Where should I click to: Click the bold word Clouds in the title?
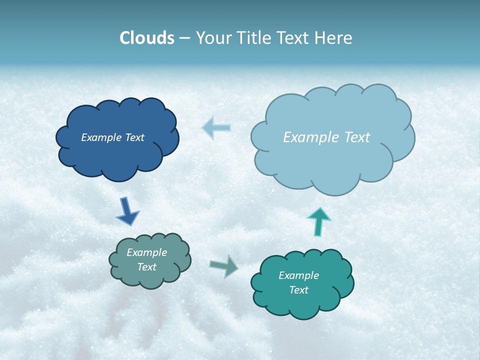click(x=147, y=38)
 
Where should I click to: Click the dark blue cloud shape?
click(x=117, y=155)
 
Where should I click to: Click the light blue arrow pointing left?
click(x=216, y=127)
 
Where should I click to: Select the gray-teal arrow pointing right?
click(x=224, y=265)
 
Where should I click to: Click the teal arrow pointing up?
click(x=318, y=221)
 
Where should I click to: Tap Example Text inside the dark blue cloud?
click(x=112, y=137)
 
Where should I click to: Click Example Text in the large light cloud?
click(x=326, y=137)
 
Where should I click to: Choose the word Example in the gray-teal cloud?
click(x=146, y=252)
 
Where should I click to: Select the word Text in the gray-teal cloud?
click(x=146, y=267)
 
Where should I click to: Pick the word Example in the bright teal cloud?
click(x=298, y=275)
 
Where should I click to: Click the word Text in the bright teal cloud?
click(x=298, y=290)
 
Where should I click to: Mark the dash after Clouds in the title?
click(x=184, y=38)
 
